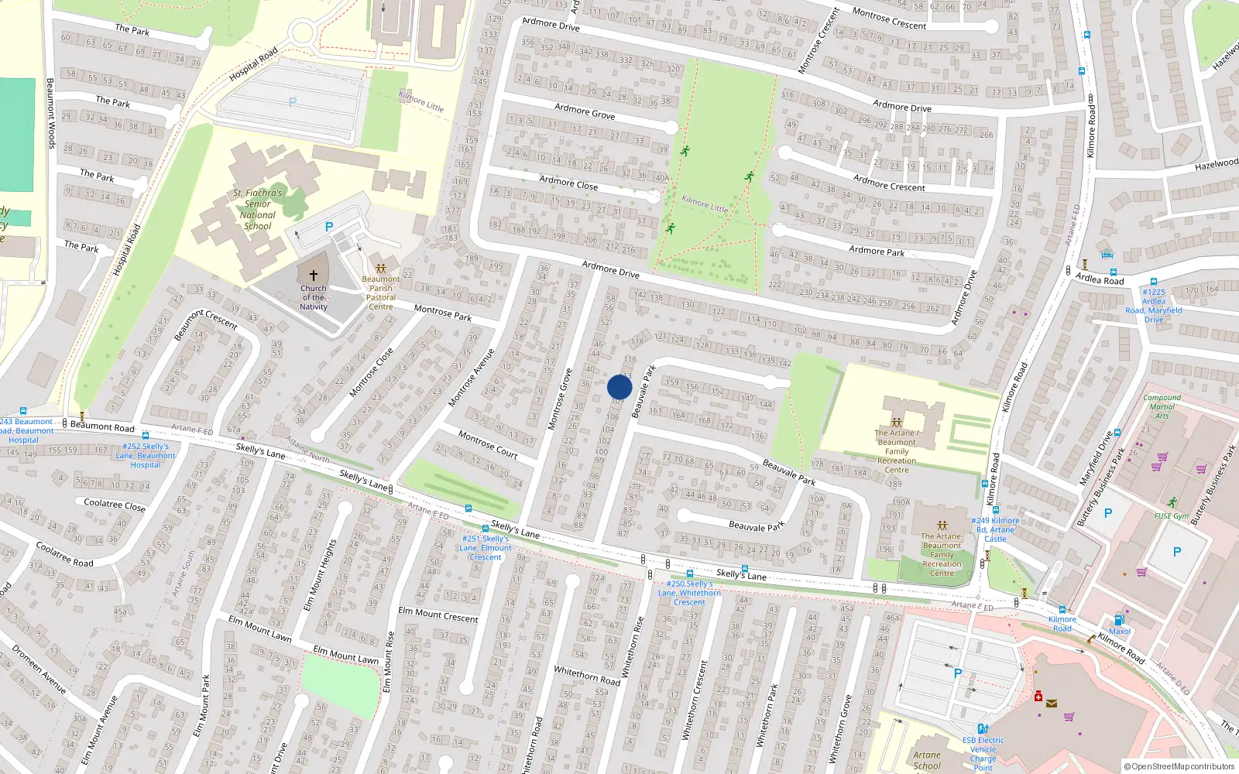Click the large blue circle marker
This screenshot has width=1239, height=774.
tap(619, 387)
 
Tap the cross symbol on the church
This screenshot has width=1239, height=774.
tap(314, 275)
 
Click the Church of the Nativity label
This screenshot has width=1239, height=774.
tap(314, 297)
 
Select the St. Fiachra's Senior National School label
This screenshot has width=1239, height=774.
tap(258, 210)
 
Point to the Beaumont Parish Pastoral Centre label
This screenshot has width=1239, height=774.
tap(381, 293)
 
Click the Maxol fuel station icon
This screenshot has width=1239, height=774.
tap(1118, 620)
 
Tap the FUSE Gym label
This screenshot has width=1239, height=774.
tap(1171, 516)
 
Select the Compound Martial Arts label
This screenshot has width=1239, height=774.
tap(1162, 406)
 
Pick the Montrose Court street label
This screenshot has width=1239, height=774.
tap(487, 444)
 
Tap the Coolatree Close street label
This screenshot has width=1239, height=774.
tap(114, 504)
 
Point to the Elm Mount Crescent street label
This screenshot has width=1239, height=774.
tap(438, 614)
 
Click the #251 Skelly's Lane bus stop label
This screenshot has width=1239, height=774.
tap(485, 547)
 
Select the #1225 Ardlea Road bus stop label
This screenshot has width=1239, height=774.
tap(1153, 306)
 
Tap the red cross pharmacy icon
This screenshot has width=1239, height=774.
tap(1038, 697)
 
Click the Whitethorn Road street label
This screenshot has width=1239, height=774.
tap(587, 675)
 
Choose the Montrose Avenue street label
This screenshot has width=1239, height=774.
tap(471, 378)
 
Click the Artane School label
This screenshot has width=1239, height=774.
tap(926, 760)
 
